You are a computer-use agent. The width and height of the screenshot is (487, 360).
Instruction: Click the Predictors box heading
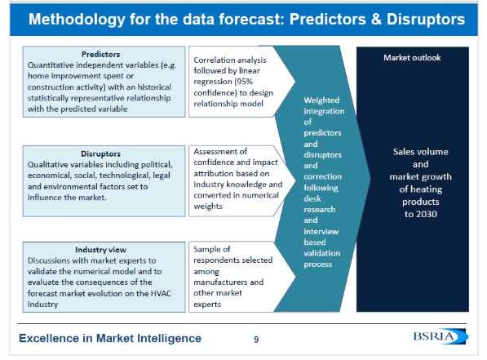[x=100, y=54]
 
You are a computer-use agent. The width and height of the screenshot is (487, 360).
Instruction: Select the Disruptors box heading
[x=100, y=153]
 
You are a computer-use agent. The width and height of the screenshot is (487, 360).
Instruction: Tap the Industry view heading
[x=100, y=250]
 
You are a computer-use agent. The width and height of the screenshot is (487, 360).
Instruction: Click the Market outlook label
[x=412, y=57]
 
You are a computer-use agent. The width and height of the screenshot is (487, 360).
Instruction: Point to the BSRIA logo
[x=441, y=336]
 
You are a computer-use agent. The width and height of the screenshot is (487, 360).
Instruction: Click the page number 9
[x=256, y=339]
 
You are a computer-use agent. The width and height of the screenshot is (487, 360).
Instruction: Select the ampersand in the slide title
[x=376, y=19]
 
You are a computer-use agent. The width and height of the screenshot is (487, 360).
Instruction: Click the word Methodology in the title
[x=77, y=20]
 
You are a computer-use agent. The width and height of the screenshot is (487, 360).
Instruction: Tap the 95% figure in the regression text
[x=244, y=82]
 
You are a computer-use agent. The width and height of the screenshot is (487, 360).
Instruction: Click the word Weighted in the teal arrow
[x=321, y=100]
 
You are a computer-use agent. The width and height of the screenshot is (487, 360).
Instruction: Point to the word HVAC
[x=161, y=293]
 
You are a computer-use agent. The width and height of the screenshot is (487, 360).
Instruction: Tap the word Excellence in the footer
[x=49, y=338]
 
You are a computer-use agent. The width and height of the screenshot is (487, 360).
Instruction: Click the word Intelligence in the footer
[x=170, y=338]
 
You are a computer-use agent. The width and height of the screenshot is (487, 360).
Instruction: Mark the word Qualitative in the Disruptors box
[x=47, y=164]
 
